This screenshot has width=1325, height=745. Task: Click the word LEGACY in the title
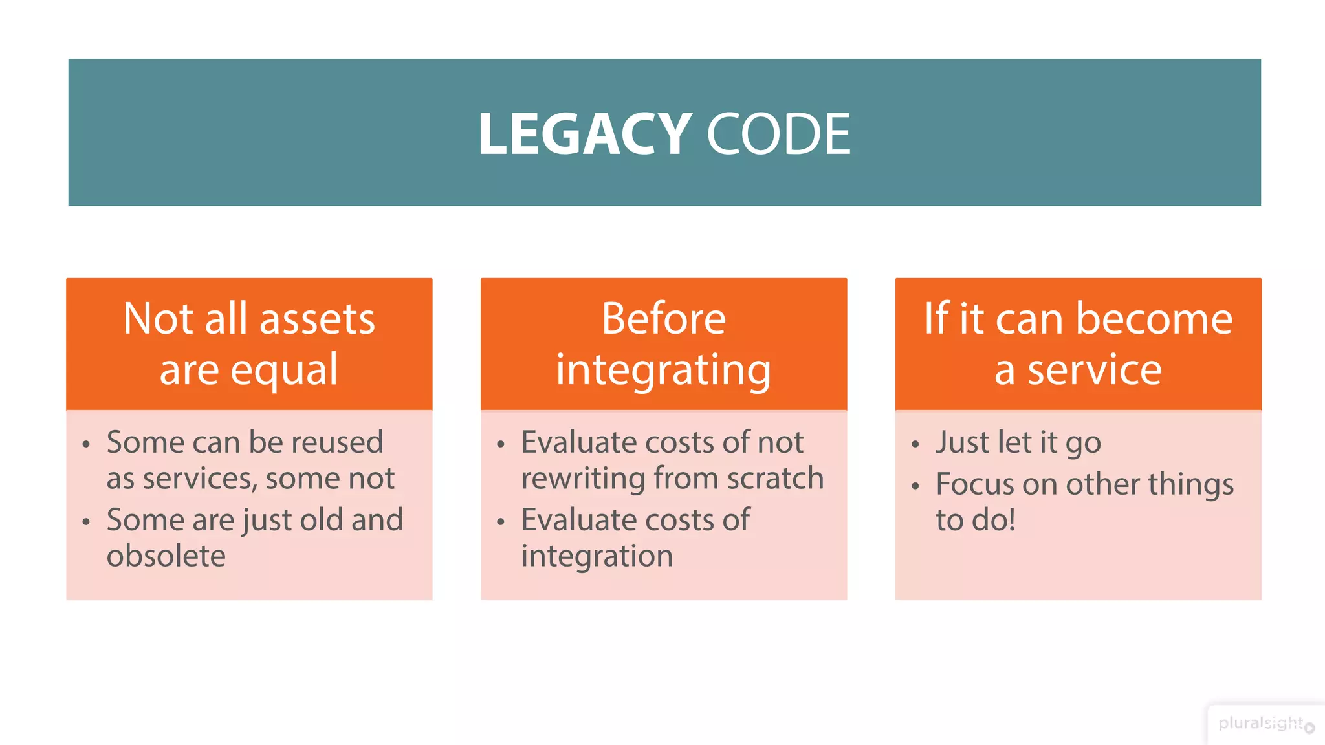(x=584, y=134)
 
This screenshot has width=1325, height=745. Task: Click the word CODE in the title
(x=778, y=134)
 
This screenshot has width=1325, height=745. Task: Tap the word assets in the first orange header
(x=317, y=319)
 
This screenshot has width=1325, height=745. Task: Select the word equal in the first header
(x=284, y=371)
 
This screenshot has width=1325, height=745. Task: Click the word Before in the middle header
(x=664, y=319)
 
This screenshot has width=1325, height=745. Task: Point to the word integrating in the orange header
(x=664, y=371)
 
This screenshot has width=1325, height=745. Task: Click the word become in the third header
(x=1154, y=319)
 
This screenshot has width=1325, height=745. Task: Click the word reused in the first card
(x=337, y=443)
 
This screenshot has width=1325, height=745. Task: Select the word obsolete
(x=166, y=556)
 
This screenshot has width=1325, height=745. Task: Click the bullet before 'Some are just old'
(x=86, y=521)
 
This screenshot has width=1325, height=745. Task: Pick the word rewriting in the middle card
(x=583, y=479)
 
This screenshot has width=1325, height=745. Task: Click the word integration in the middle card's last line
(x=597, y=556)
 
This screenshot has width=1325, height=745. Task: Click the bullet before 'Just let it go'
(x=915, y=444)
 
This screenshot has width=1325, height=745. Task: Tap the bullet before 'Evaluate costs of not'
(x=500, y=444)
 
